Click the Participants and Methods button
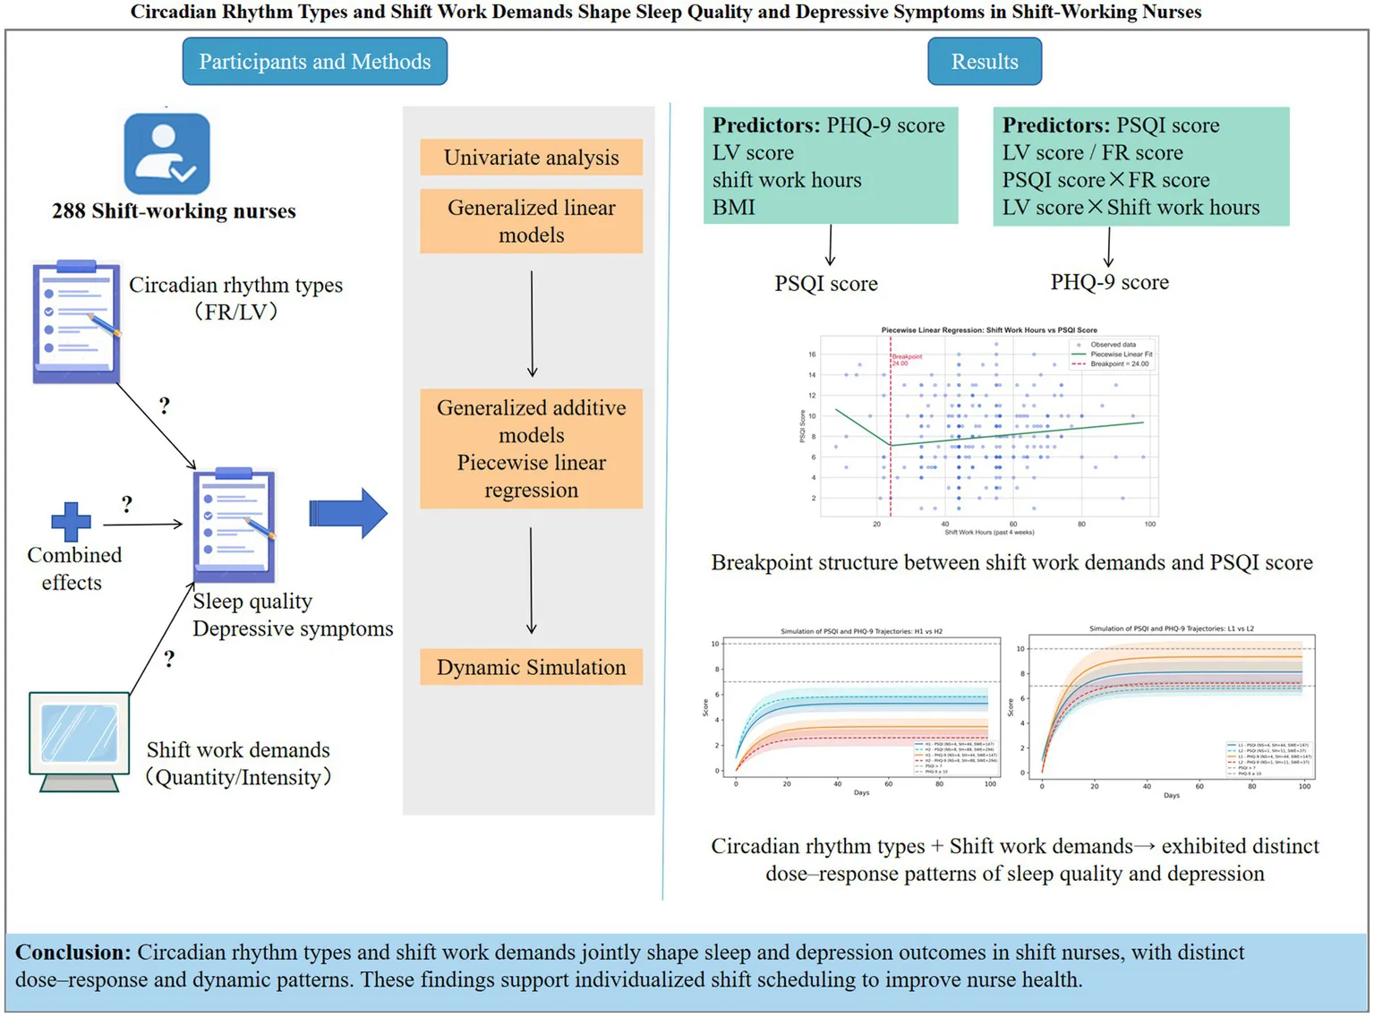(x=314, y=62)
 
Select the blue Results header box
(x=984, y=62)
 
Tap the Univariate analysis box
(x=531, y=158)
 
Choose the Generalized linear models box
(x=531, y=221)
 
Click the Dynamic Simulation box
(x=531, y=667)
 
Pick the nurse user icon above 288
(x=167, y=153)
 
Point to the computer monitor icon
(x=79, y=741)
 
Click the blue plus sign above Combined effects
(x=71, y=522)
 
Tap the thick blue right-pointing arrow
(x=348, y=513)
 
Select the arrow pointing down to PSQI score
(x=831, y=245)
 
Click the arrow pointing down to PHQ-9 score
(x=1109, y=247)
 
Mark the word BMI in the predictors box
(x=734, y=208)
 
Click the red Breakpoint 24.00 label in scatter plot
(x=906, y=360)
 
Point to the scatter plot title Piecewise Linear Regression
(x=988, y=330)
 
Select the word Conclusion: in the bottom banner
(x=73, y=953)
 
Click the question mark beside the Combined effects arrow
(x=127, y=505)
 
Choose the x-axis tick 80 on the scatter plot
(x=1081, y=524)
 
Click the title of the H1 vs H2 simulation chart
(x=861, y=631)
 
